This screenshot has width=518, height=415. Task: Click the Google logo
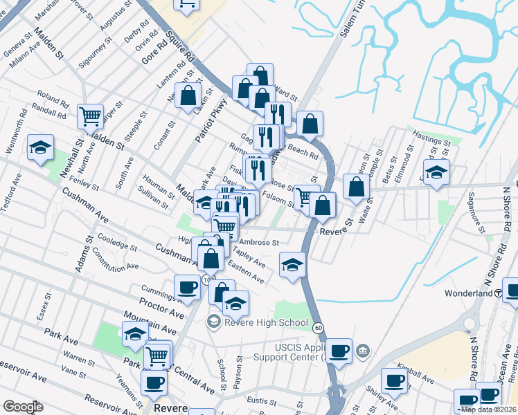click(23, 407)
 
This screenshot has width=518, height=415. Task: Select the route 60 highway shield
click(318, 326)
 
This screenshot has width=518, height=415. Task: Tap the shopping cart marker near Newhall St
click(91, 118)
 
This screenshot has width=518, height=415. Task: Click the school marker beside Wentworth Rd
click(41, 147)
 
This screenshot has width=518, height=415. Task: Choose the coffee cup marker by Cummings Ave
click(186, 288)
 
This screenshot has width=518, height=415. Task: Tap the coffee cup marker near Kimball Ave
click(393, 380)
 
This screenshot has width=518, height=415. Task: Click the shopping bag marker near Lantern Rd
click(188, 96)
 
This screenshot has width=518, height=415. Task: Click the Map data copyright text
click(488, 409)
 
